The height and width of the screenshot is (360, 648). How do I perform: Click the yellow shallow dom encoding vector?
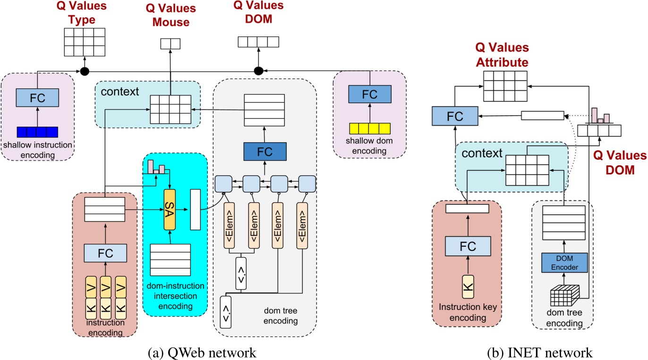(370, 129)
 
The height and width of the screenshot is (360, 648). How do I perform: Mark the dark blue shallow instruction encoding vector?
(37, 131)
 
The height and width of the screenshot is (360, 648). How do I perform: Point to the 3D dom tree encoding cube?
(564, 297)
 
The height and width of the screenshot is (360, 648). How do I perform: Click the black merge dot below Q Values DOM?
(258, 71)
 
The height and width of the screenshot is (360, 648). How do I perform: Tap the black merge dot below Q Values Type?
(85, 71)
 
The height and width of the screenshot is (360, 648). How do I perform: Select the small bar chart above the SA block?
(156, 167)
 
